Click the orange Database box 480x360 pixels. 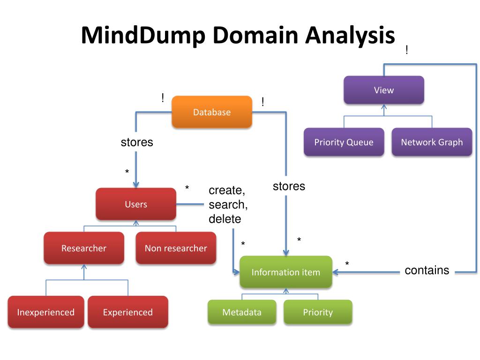click(212, 112)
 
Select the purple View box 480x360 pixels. click(384, 90)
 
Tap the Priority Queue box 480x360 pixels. click(344, 142)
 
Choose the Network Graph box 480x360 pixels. click(432, 142)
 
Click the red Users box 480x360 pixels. click(136, 204)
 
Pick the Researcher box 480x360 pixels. click(84, 248)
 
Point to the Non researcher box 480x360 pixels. click(176, 248)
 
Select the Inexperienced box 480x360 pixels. click(46, 312)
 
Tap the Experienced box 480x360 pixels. click(128, 312)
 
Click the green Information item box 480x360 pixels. click(286, 272)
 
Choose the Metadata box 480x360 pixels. click(242, 312)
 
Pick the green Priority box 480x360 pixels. click(318, 312)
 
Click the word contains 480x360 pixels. click(427, 270)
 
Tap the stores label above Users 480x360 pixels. click(137, 142)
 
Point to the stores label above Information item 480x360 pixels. click(289, 186)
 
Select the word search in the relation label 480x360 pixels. click(227, 204)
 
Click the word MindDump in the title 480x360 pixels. click(143, 35)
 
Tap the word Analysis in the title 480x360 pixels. click(350, 35)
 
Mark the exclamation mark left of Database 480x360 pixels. click(163, 97)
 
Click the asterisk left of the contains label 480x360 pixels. click(347, 263)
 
